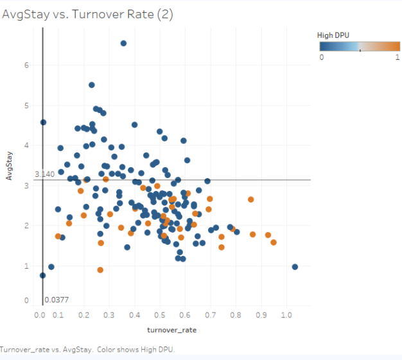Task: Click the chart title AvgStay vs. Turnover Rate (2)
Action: pyautogui.click(x=87, y=14)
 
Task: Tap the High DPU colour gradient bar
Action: pyautogui.click(x=360, y=46)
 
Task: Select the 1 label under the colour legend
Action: pyautogui.click(x=398, y=57)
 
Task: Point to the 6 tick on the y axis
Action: pyautogui.click(x=26, y=65)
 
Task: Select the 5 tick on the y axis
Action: pyautogui.click(x=26, y=105)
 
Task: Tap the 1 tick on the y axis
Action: pyautogui.click(x=26, y=265)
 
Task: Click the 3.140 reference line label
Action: pyautogui.click(x=44, y=174)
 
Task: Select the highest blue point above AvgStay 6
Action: pyautogui.click(x=124, y=43)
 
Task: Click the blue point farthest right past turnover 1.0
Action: pyautogui.click(x=295, y=267)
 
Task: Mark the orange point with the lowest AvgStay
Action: pyautogui.click(x=100, y=270)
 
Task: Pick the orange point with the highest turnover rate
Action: pyautogui.click(x=274, y=242)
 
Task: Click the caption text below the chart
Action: pyautogui.click(x=87, y=349)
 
